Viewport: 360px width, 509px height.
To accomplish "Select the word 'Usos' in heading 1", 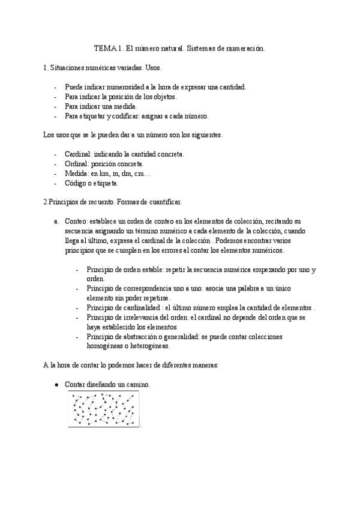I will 152,69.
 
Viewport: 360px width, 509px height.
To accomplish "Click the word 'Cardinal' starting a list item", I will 77,154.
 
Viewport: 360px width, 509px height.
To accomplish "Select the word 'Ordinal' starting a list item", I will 76,164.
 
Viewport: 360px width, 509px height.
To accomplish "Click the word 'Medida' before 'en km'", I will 76,173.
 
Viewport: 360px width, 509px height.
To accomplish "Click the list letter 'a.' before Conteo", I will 56,221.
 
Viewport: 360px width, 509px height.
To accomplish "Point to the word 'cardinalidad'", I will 148,308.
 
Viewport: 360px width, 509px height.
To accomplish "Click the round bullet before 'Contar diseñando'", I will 56,385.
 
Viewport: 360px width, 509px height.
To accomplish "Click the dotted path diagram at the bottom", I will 104,409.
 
